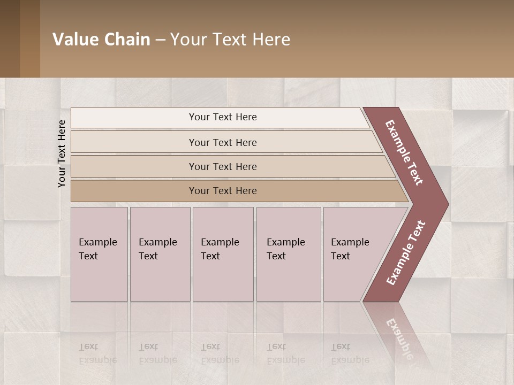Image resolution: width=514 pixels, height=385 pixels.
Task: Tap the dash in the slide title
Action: point(160,40)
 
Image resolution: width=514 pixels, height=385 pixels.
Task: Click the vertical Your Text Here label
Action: point(62,153)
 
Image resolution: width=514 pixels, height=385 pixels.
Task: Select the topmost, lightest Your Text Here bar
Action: point(222,117)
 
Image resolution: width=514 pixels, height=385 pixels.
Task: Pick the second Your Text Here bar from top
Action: point(222,142)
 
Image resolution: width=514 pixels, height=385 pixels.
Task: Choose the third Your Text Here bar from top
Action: point(222,166)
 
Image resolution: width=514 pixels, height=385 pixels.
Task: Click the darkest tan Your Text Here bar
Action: point(222,191)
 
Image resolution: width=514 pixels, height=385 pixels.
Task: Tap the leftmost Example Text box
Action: point(99,253)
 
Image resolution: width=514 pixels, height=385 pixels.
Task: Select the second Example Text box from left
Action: point(160,253)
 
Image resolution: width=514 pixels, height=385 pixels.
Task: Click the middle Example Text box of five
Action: point(223,253)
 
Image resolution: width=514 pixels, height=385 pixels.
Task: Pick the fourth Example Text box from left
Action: point(288,253)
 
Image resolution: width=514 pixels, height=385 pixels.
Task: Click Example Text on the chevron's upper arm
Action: point(405,152)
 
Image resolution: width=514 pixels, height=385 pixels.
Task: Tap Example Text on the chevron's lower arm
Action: point(406,252)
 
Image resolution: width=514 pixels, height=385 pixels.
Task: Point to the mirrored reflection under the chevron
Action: point(399,332)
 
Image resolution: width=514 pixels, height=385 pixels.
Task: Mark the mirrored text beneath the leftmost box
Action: point(97,353)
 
